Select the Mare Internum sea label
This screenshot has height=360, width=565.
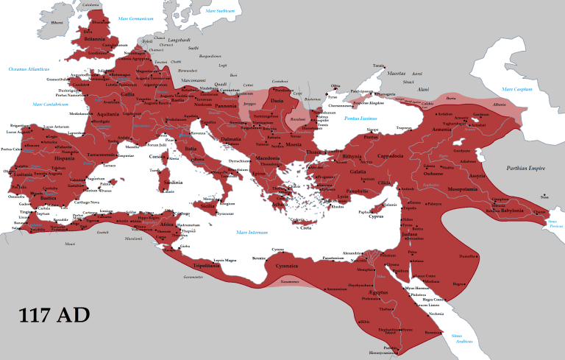coord(252,232)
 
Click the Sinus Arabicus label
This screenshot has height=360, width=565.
coord(462,338)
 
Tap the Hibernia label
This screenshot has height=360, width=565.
coord(57,23)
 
